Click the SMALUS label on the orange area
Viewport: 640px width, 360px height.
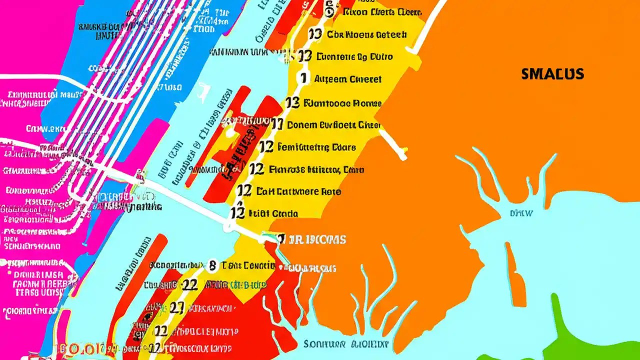coord(552,74)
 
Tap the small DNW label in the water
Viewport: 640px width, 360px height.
coord(521,213)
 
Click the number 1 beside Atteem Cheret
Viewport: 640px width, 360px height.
coord(302,78)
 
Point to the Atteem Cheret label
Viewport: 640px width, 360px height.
coord(347,79)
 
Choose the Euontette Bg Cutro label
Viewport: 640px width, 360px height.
coord(355,56)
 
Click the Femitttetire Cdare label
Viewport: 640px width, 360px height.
coord(316,147)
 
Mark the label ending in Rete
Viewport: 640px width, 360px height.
coord(298,191)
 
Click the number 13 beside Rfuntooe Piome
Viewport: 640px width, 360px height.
coord(292,103)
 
